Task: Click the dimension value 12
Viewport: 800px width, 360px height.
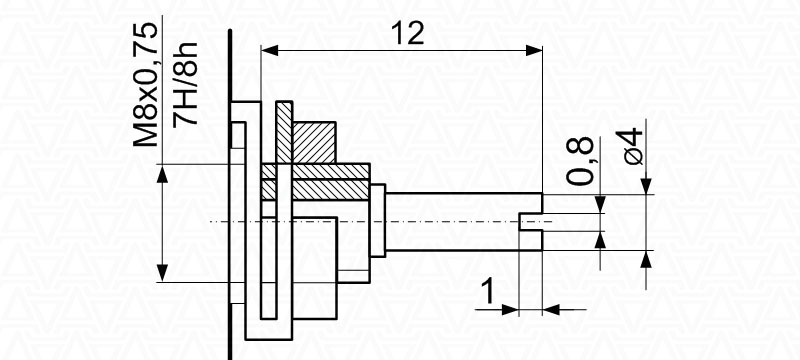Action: click(x=408, y=33)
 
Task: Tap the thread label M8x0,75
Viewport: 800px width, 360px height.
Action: click(x=145, y=85)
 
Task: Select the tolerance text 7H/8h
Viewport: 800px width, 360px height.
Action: click(x=185, y=85)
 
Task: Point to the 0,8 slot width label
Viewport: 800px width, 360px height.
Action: click(x=580, y=161)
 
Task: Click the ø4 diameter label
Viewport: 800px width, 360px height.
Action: click(x=629, y=147)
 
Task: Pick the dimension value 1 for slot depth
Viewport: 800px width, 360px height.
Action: click(x=488, y=292)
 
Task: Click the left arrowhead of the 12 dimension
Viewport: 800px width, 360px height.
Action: click(x=269, y=50)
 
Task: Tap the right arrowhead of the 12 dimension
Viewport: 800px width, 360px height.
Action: click(x=534, y=50)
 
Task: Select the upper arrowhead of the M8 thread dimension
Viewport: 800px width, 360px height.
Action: click(x=162, y=173)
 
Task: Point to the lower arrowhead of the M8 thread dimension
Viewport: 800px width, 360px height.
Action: click(x=162, y=273)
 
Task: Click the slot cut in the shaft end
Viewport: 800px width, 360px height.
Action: click(x=531, y=222)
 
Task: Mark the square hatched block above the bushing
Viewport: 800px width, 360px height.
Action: click(x=314, y=143)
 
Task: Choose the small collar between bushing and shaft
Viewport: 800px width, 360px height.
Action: click(x=378, y=220)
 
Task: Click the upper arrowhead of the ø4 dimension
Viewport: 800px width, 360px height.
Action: click(x=646, y=186)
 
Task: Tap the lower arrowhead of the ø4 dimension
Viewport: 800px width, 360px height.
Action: click(x=646, y=260)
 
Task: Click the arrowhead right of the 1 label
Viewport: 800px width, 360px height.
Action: click(x=551, y=309)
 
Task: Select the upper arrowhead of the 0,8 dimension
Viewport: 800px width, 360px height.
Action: click(x=600, y=204)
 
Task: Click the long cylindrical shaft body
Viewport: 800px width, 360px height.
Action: click(x=463, y=222)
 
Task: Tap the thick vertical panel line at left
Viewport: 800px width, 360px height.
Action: click(x=230, y=195)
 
